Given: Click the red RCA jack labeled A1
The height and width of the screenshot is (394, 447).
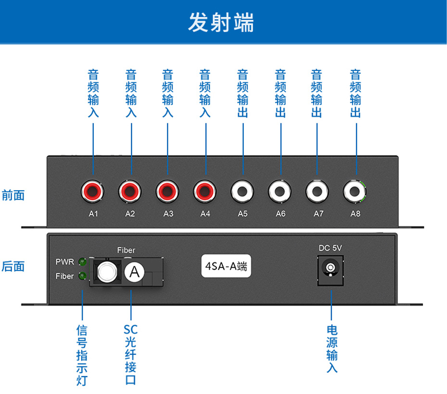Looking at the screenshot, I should pyautogui.click(x=92, y=191).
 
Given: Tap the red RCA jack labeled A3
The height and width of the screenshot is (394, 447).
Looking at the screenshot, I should pyautogui.click(x=168, y=191).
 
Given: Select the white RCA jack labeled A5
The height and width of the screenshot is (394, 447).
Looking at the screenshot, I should pyautogui.click(x=243, y=191).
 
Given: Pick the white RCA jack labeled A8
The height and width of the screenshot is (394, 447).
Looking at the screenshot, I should pyautogui.click(x=355, y=191).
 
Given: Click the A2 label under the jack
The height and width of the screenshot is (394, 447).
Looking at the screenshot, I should pyautogui.click(x=130, y=213).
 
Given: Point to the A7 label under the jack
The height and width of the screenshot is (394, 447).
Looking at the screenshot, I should pyautogui.click(x=318, y=213).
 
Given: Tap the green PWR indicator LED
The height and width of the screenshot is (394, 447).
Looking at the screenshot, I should pyautogui.click(x=82, y=263).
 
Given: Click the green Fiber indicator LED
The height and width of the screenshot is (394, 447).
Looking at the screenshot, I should pyautogui.click(x=82, y=276).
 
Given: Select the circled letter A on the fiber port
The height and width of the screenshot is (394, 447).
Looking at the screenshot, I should pyautogui.click(x=135, y=272).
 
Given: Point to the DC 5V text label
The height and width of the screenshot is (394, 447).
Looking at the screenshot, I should pyautogui.click(x=330, y=248).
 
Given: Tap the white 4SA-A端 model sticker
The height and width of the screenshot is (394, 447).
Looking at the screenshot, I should pyautogui.click(x=226, y=266).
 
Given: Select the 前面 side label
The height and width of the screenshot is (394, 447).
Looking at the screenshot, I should pyautogui.click(x=13, y=195).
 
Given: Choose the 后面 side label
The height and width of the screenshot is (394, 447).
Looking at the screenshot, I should pyautogui.click(x=13, y=266).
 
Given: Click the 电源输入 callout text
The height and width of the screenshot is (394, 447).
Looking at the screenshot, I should pyautogui.click(x=332, y=349).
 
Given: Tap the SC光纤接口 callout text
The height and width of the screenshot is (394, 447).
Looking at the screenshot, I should pyautogui.click(x=130, y=354).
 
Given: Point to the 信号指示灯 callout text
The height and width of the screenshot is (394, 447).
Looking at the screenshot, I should pyautogui.click(x=82, y=355).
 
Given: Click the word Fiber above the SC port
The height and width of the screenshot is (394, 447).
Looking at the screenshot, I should pyautogui.click(x=126, y=250).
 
